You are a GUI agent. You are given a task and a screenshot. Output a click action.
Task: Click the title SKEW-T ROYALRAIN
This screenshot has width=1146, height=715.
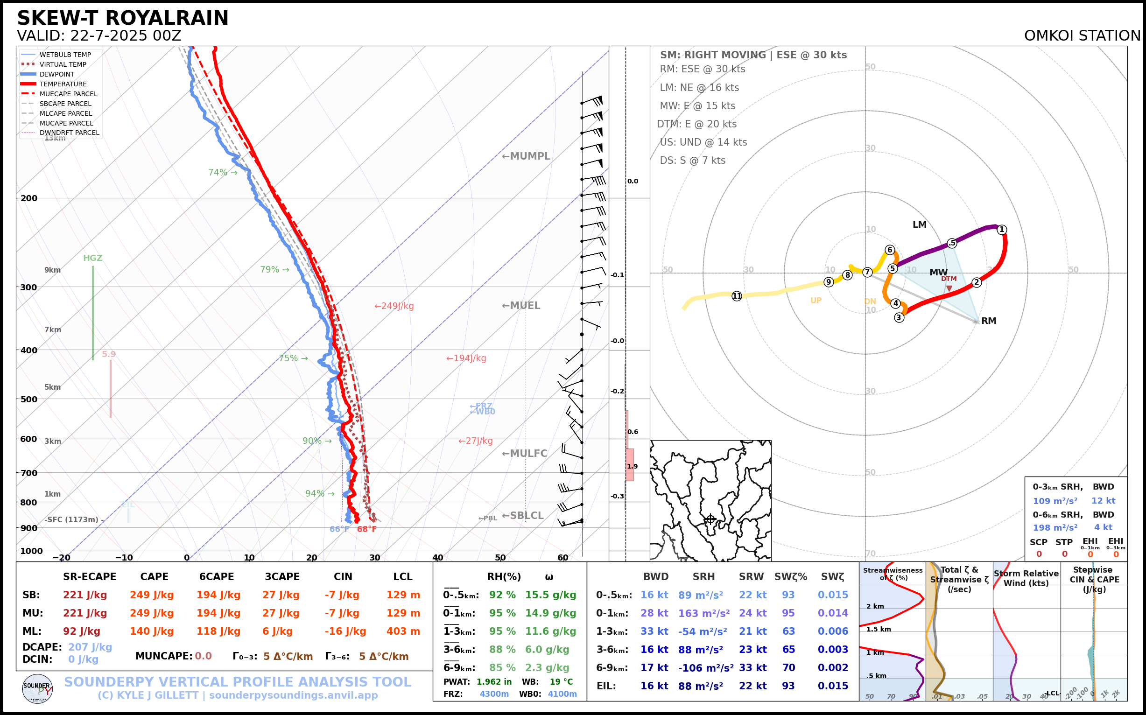pos(122,19)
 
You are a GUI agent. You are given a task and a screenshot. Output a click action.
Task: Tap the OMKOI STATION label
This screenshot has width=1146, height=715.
pos(1082,36)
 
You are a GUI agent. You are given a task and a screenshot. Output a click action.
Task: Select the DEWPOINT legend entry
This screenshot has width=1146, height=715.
pos(57,74)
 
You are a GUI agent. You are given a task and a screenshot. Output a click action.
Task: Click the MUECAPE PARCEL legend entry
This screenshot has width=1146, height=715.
pos(68,94)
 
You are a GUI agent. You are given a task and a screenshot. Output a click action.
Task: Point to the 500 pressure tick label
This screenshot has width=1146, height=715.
pos(28,399)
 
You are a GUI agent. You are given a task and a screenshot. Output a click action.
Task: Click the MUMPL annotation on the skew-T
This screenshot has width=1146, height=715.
pos(526,156)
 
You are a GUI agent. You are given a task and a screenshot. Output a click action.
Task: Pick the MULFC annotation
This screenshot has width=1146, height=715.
pos(525,454)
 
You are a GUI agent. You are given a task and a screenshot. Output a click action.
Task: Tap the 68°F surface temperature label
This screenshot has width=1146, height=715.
pos(366,529)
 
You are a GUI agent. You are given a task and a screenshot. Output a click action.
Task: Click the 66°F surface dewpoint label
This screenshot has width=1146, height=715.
pos(339,529)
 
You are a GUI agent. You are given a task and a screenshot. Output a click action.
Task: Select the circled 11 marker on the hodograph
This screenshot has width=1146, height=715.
pos(737,296)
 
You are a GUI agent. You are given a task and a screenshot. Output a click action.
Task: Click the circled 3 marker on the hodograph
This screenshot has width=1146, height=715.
pos(899,317)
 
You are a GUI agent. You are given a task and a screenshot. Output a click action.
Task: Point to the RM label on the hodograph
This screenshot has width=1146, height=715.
pos(989,321)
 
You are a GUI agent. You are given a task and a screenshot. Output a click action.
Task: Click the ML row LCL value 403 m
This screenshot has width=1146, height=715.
pos(403,631)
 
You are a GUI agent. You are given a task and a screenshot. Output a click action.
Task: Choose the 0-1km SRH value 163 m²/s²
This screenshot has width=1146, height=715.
pos(704,613)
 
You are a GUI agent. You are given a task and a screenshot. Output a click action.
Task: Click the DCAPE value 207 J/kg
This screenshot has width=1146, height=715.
pos(90,647)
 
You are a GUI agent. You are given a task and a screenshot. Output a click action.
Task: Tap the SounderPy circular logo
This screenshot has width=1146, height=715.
pos(37,688)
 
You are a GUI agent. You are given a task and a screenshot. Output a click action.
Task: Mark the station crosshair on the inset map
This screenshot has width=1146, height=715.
pos(710,519)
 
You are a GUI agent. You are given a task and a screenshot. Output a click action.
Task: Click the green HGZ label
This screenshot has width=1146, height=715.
pos(93,258)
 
